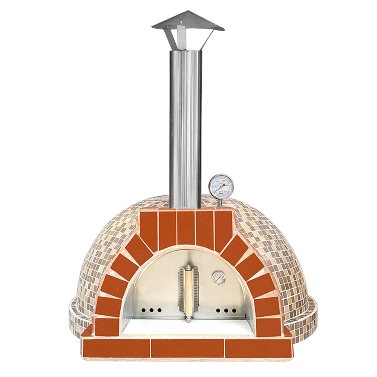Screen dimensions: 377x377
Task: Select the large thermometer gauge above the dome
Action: pos(221,185)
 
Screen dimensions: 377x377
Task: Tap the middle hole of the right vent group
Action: pos(225,311)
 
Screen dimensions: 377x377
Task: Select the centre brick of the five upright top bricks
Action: pos(186,228)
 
